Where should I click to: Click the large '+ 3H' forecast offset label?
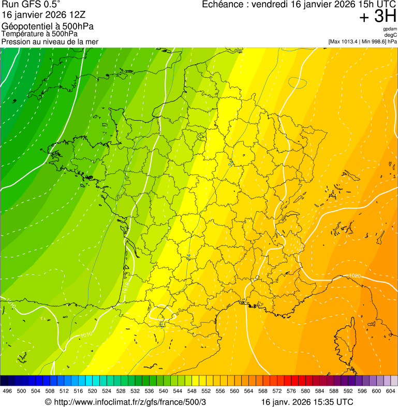tap(377, 18)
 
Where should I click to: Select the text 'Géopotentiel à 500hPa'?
tap(40, 26)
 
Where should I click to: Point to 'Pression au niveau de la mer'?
tap(50, 41)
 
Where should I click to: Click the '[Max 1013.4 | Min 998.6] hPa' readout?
tap(362, 41)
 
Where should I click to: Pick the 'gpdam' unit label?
tap(390, 29)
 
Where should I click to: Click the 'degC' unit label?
tap(391, 35)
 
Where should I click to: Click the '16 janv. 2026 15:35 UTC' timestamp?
tap(307, 402)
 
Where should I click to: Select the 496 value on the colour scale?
tap(7, 391)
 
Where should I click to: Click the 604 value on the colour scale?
tap(391, 391)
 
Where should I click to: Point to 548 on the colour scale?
tap(192, 391)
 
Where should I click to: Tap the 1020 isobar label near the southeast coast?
tap(354, 275)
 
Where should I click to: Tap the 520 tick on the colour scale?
tap(93, 391)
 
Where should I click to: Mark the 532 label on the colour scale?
tap(135, 391)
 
